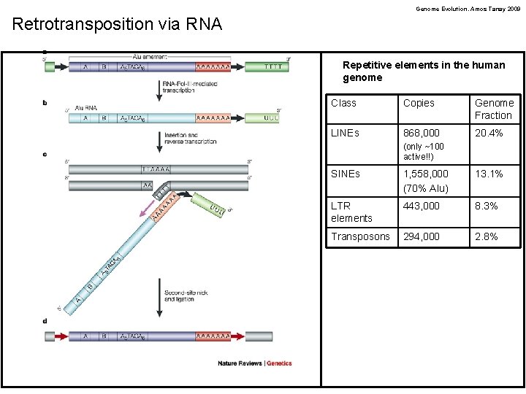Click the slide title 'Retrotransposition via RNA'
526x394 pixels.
pyautogui.click(x=117, y=24)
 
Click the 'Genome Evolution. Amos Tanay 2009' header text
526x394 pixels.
pyautogui.click(x=468, y=9)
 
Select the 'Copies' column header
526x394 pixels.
pyautogui.click(x=419, y=103)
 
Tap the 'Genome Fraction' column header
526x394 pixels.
pyautogui.click(x=494, y=109)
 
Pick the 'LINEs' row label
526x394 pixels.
pyautogui.click(x=345, y=133)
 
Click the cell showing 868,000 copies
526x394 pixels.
pyautogui.click(x=422, y=133)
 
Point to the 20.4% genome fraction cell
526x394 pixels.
pyautogui.click(x=489, y=133)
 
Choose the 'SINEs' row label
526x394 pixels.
pyautogui.click(x=346, y=174)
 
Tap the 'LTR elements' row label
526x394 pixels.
pyautogui.click(x=351, y=212)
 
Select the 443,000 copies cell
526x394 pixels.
pyautogui.click(x=422, y=206)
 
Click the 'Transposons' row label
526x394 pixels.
pyautogui.click(x=360, y=236)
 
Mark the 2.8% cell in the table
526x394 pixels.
pyautogui.click(x=487, y=236)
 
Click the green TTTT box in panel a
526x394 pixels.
pyautogui.click(x=264, y=66)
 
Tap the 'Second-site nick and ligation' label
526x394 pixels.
pyautogui.click(x=187, y=295)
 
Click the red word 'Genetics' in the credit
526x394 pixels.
pyautogui.click(x=279, y=363)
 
